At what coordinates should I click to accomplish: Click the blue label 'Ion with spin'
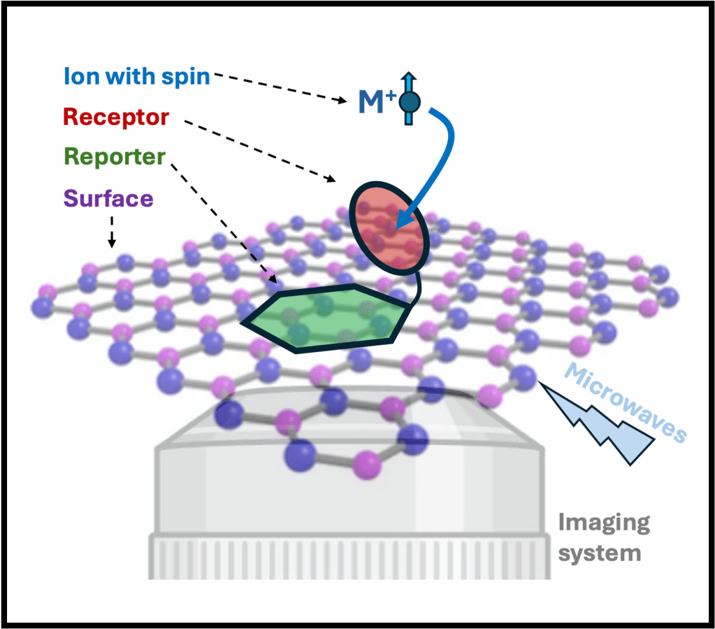136,76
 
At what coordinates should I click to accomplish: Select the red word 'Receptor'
116,117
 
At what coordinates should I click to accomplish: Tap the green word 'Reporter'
114,157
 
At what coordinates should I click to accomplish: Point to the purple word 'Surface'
108,198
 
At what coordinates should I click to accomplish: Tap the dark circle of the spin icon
409,103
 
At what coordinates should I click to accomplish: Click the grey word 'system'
599,553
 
